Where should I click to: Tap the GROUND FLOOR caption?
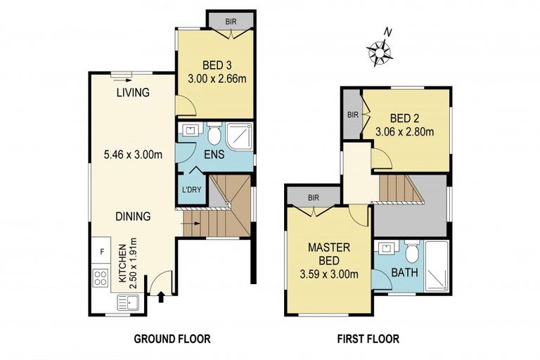(172, 339)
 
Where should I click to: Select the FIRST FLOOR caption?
(368, 339)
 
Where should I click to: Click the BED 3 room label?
(217, 65)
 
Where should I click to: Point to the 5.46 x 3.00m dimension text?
(134, 155)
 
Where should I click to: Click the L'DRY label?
(191, 189)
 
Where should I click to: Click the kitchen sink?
(128, 303)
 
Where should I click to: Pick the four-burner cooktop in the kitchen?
(101, 278)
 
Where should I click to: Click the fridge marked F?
(101, 252)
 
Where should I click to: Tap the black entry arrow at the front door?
(161, 297)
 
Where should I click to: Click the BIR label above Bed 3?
(231, 22)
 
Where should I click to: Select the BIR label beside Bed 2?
(353, 115)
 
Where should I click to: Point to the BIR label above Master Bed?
(314, 198)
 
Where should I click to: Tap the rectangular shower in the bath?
(437, 266)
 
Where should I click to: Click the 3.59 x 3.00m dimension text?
(329, 274)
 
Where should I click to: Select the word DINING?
(133, 217)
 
